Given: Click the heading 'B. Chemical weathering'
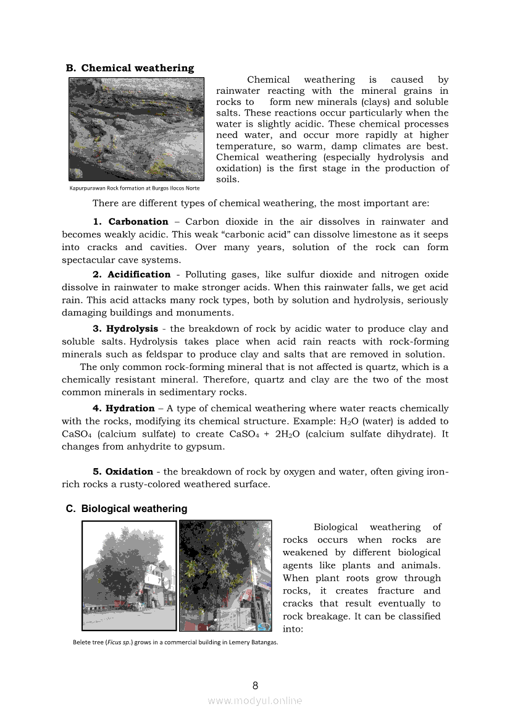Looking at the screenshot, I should coord(130,68).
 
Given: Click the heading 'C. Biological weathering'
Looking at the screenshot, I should coord(127,508).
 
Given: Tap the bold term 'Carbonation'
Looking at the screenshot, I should coord(138,222).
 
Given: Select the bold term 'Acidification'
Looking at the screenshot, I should coord(139,274).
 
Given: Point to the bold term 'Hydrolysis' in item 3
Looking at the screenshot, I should coord(132,329).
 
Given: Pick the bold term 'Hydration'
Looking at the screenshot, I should coord(130,408).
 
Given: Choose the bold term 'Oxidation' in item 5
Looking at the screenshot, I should coord(129,471).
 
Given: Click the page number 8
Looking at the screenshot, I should coord(255,686).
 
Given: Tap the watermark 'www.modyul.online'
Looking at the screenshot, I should coord(255,700).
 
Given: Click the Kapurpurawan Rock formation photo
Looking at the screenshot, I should coord(136,129).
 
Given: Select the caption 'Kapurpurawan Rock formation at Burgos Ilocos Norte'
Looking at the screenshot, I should coord(135,188).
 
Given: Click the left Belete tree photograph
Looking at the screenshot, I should coord(128,576).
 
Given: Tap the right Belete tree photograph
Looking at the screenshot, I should coord(225,576).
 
